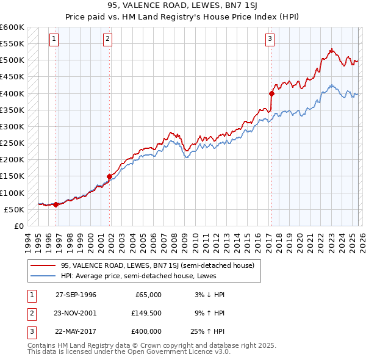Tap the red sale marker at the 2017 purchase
pyautogui.click(x=271, y=93)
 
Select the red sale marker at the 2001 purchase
pyautogui.click(x=110, y=176)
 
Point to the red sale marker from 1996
pyautogui.click(x=56, y=204)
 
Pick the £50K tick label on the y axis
pyautogui.click(x=14, y=209)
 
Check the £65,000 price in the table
pyautogui.click(x=148, y=295)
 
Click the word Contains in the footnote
pyautogui.click(x=41, y=345)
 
